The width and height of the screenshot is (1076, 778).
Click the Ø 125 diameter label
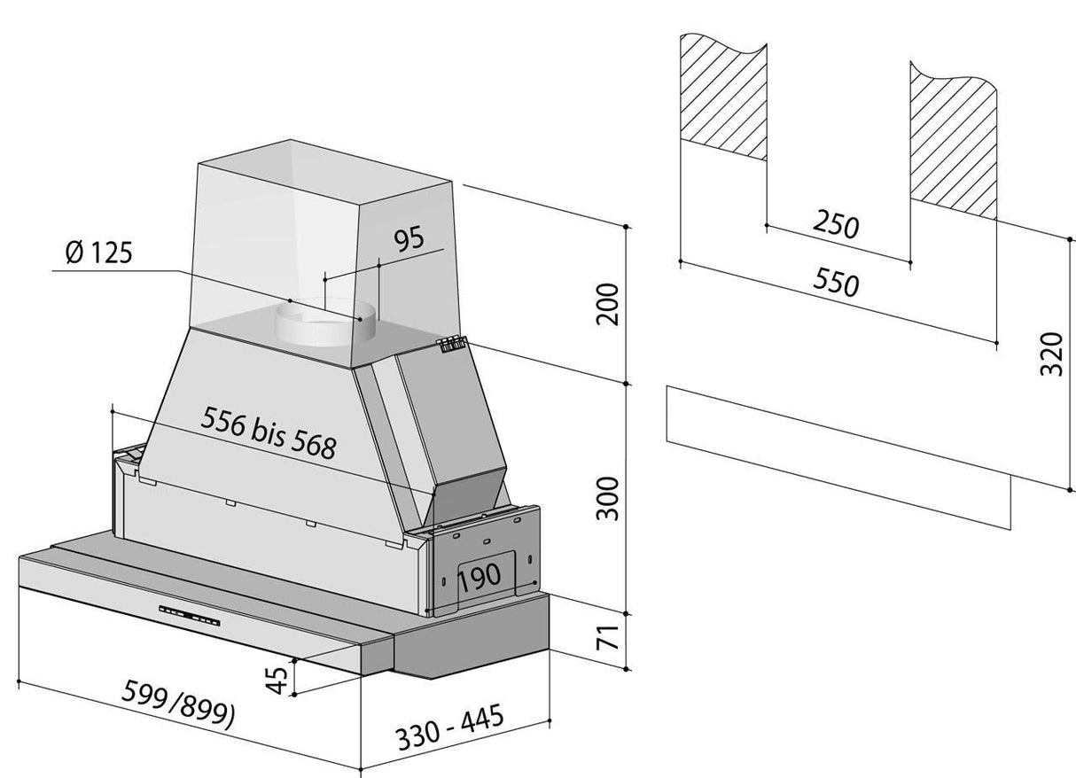(98, 253)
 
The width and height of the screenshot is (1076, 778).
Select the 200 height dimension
(607, 304)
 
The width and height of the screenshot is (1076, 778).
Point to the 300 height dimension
(607, 497)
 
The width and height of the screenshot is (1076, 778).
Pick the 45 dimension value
(277, 680)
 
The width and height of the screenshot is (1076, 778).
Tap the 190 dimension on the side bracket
(480, 578)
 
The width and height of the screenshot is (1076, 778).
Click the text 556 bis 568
(269, 432)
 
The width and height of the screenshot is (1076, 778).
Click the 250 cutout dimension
(835, 226)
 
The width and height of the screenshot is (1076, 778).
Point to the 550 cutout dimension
(835, 284)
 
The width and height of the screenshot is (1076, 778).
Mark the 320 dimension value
(1050, 353)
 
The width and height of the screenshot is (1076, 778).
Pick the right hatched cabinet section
(953, 137)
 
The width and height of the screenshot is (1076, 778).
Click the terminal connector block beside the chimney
(450, 344)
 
